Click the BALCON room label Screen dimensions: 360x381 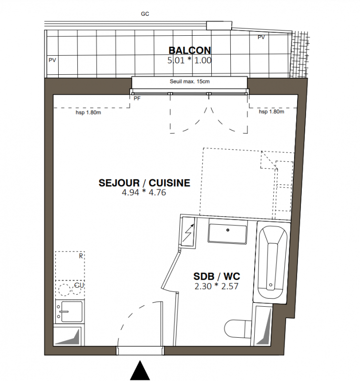(190, 50)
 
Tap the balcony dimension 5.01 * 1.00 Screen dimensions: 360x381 (189, 60)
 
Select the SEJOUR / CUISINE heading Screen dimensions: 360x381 (144, 183)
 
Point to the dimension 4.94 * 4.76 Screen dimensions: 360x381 (144, 192)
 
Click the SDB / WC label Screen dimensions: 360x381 (217, 277)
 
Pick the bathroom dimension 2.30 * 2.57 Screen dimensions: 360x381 (216, 286)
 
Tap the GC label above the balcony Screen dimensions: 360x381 (145, 14)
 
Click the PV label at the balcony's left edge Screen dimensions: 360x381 (52, 60)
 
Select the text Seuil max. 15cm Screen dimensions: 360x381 (190, 81)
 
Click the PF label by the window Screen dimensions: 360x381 (137, 99)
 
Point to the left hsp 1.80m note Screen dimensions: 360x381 (88, 112)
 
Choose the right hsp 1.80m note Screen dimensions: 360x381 (271, 111)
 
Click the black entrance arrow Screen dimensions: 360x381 (140, 370)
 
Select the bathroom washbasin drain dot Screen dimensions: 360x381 (227, 230)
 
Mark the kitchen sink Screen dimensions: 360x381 (70, 311)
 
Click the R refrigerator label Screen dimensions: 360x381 (81, 256)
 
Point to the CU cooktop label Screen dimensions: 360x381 (79, 285)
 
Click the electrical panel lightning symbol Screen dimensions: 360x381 (188, 232)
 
